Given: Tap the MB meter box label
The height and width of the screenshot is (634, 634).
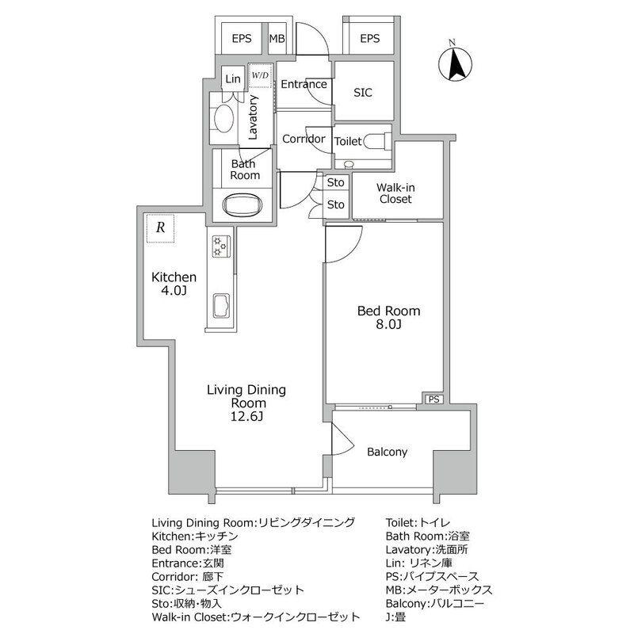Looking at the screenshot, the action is click(277, 39).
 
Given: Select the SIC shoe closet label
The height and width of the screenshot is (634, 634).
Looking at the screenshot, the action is click(363, 93).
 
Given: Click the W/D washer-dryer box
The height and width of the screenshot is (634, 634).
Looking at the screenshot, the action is click(260, 75).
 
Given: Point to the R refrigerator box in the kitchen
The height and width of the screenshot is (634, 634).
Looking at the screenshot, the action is click(161, 228).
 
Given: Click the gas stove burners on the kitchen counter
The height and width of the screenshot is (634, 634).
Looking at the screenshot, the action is click(222, 246).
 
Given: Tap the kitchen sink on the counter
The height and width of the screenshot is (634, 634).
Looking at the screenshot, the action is click(221, 305).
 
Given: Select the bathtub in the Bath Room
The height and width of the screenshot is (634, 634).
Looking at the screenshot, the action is click(243, 205).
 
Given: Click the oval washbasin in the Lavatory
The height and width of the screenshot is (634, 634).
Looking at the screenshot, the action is click(223, 118).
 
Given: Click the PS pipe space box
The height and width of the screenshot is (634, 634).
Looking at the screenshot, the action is click(433, 399).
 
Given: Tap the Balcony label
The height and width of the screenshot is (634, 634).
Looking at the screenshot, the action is click(387, 452).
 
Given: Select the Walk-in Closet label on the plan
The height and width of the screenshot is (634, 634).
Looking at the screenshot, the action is click(395, 193).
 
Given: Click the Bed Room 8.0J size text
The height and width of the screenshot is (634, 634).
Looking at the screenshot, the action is click(388, 324).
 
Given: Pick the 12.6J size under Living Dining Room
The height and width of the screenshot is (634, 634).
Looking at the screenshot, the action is click(246, 417).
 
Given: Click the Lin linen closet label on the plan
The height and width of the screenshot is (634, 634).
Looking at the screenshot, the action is click(233, 78).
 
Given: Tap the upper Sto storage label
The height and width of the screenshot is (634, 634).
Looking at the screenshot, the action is click(335, 182).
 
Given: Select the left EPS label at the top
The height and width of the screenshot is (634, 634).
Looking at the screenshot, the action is click(242, 39).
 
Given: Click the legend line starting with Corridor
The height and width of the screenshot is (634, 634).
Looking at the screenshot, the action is click(188, 577).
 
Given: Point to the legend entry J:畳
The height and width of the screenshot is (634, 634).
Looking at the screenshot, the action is click(395, 617).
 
